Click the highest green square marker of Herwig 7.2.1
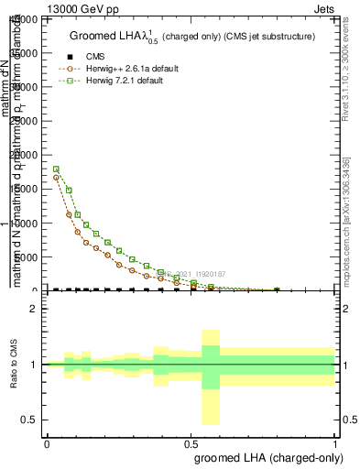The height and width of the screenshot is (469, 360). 57,169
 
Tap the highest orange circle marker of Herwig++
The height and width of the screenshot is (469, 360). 57,178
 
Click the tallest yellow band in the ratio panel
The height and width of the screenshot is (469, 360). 211,376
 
